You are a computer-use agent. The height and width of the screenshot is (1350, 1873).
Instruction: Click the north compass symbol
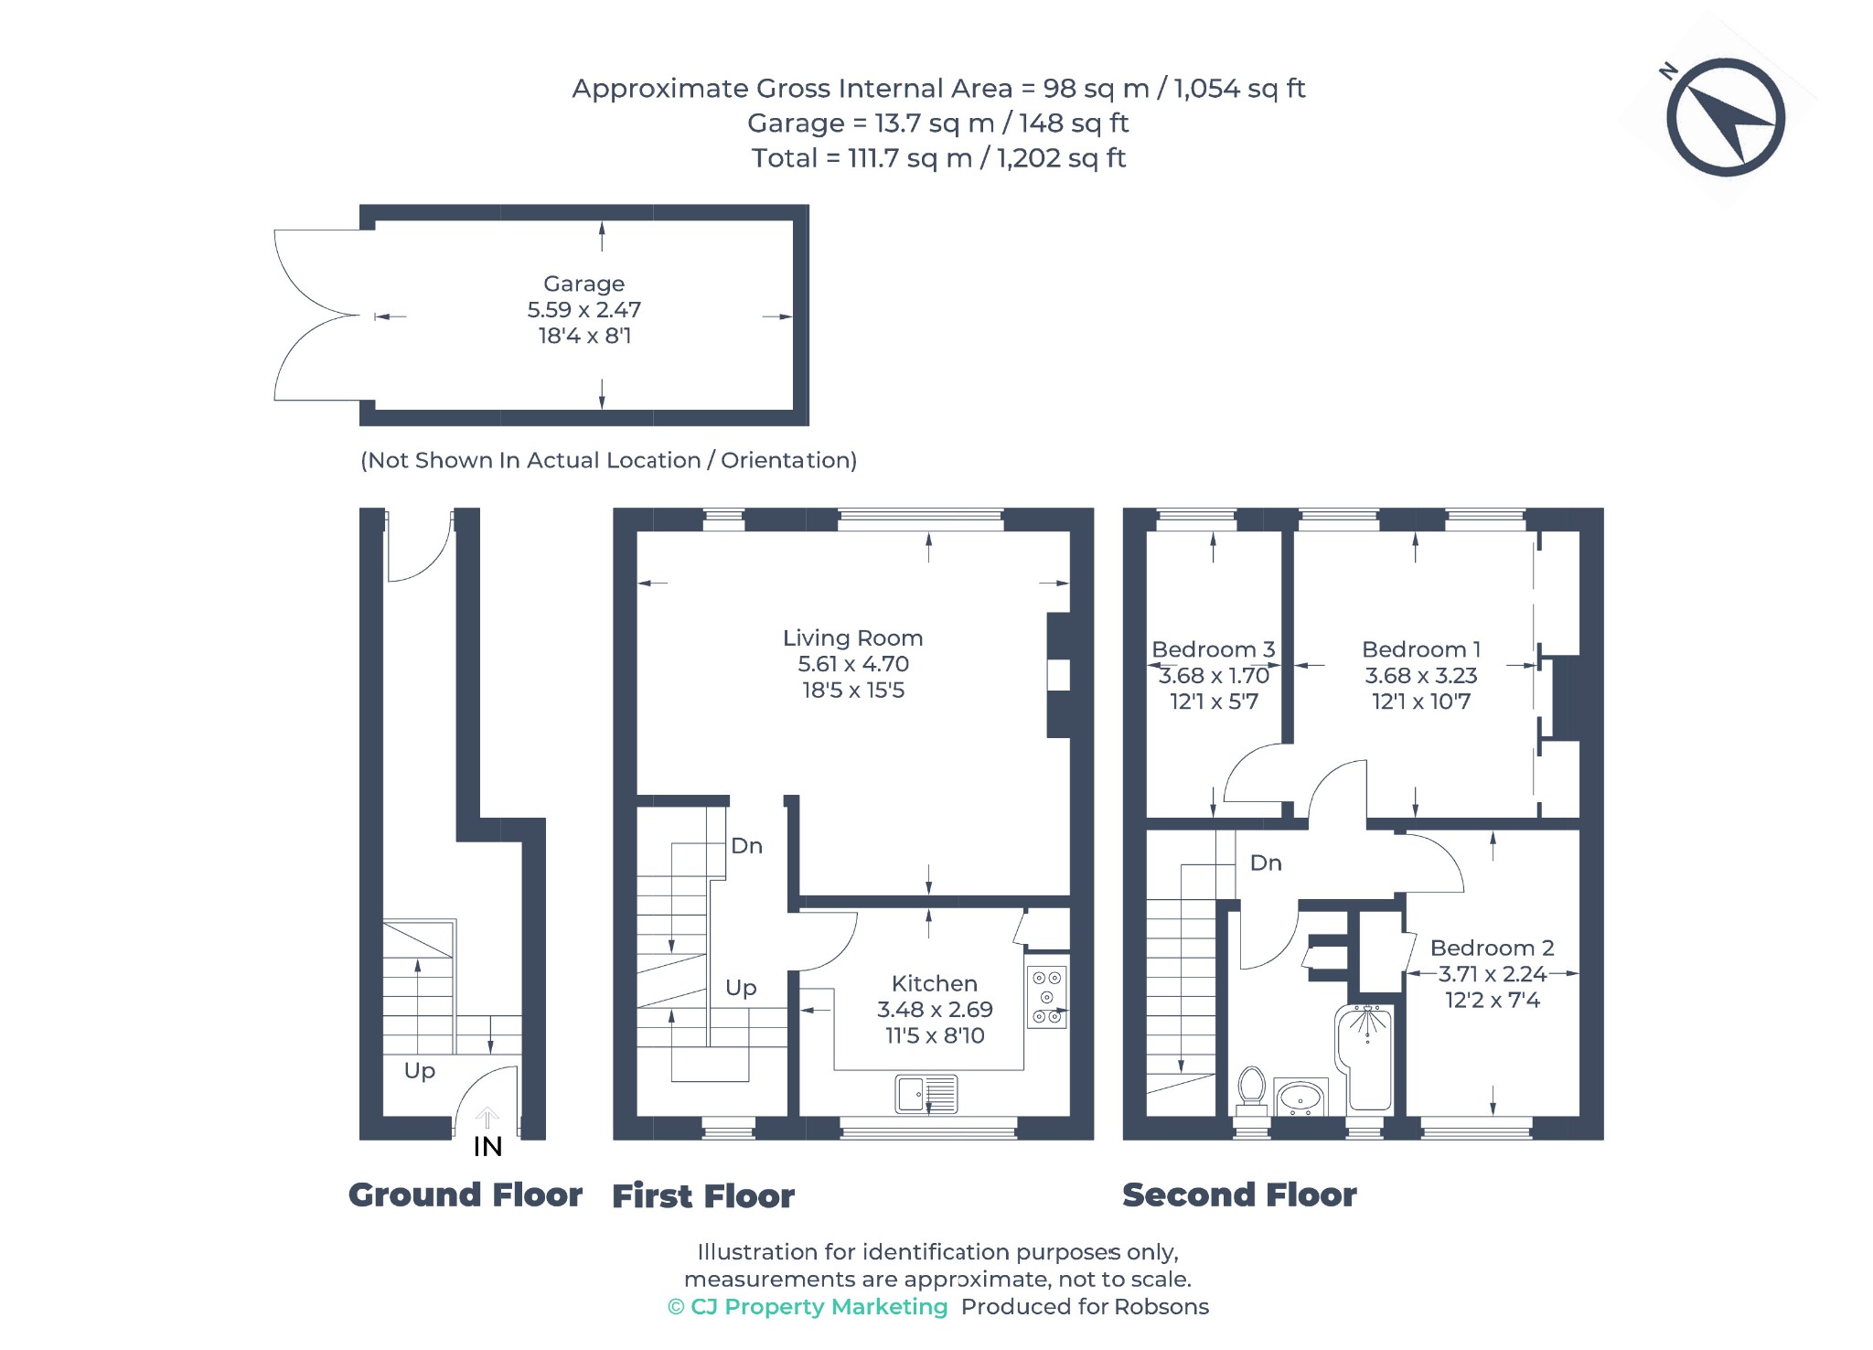click(1724, 116)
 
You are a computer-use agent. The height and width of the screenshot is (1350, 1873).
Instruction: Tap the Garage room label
click(583, 284)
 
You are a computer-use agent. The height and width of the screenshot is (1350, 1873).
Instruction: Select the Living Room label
click(852, 637)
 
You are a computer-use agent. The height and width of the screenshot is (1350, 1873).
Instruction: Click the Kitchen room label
click(934, 983)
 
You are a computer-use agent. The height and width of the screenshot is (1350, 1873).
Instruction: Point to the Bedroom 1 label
click(1420, 649)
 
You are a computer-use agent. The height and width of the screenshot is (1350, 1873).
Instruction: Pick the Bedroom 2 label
click(1492, 948)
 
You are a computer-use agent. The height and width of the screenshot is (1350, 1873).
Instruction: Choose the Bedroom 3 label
click(1213, 649)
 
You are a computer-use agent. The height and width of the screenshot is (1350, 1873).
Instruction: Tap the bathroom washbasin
click(1300, 1097)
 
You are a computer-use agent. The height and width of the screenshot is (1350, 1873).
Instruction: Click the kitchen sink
click(926, 1094)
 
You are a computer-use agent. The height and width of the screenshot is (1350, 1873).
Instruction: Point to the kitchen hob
click(1047, 997)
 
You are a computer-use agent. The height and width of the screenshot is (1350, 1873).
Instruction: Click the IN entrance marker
click(487, 1146)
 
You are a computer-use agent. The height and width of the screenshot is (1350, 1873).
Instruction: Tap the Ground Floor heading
click(466, 1195)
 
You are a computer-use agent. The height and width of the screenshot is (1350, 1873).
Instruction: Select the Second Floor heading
click(1239, 1195)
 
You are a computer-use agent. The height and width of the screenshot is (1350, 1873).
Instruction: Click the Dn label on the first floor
click(746, 846)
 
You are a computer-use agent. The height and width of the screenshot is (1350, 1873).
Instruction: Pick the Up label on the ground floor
click(420, 1071)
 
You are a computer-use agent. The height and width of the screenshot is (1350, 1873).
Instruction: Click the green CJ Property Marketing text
click(808, 1307)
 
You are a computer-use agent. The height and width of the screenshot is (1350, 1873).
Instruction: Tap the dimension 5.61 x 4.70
click(852, 664)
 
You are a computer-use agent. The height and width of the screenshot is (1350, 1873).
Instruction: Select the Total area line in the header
click(938, 158)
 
